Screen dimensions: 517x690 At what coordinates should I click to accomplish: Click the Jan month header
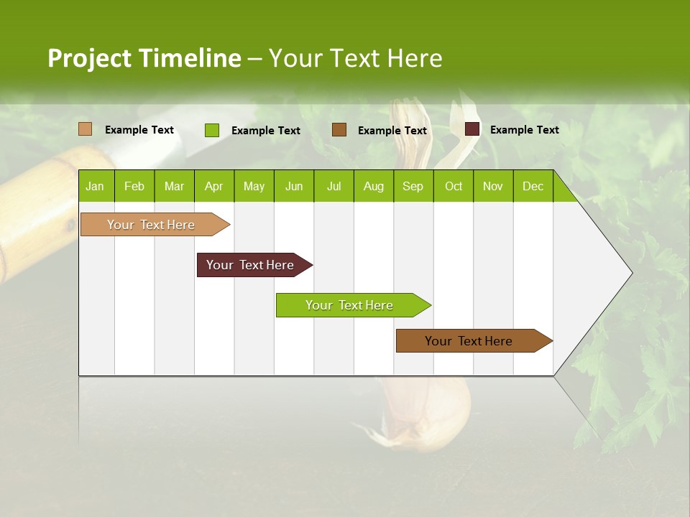coord(95,186)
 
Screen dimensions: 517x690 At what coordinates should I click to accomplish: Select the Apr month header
coord(213,186)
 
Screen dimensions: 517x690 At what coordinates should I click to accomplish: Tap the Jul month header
coord(333,186)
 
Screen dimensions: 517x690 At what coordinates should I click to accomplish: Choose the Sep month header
coord(413,186)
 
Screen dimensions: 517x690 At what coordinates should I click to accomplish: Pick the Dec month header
coord(533,186)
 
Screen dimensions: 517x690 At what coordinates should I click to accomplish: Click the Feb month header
coord(134,186)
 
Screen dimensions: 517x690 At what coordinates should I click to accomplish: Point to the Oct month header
coord(454,186)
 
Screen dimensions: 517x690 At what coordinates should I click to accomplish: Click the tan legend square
coord(85,129)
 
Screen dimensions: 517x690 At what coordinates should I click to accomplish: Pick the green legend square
coord(211,130)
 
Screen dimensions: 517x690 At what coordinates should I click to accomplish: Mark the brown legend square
coord(339,130)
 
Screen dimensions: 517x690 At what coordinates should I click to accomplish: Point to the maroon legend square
coord(472,129)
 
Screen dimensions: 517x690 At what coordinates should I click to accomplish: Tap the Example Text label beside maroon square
coord(524,130)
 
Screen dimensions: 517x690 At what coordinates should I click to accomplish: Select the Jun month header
coord(294,186)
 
